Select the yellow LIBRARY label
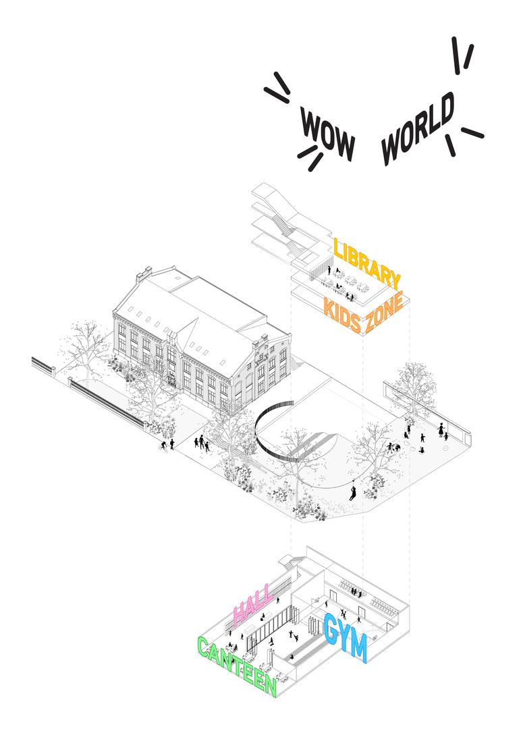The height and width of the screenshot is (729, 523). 366,264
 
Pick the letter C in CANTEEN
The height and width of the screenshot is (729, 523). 203,647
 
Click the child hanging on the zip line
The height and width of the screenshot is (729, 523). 353,491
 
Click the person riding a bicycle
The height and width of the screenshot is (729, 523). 163,446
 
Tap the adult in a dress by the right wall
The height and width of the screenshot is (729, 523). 440,429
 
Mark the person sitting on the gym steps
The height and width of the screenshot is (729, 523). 292,657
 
